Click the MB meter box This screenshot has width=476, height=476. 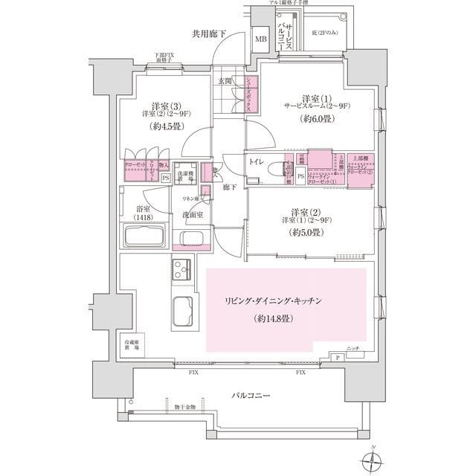(261, 39)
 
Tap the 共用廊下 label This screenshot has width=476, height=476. (208, 33)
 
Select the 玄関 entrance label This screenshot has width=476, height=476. (225, 80)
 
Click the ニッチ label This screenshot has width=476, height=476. (353, 348)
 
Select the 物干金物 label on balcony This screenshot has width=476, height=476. (185, 406)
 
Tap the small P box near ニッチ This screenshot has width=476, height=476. (338, 358)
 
